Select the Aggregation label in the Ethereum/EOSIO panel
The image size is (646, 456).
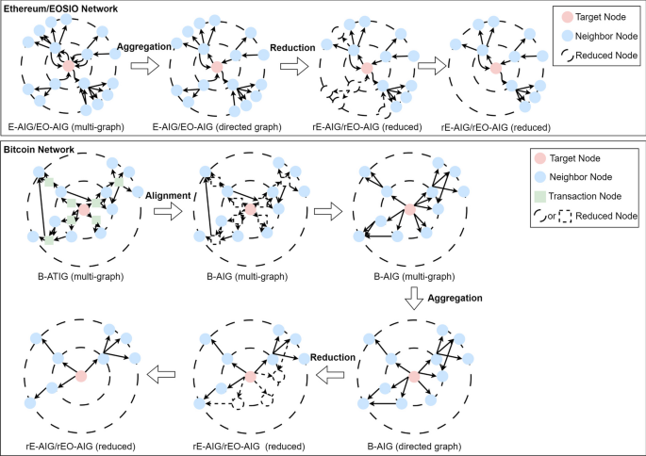click(143, 44)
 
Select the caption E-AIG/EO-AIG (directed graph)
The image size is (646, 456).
click(215, 124)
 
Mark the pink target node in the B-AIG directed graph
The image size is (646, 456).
click(414, 378)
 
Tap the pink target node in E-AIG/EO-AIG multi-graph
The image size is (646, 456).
click(68, 68)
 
